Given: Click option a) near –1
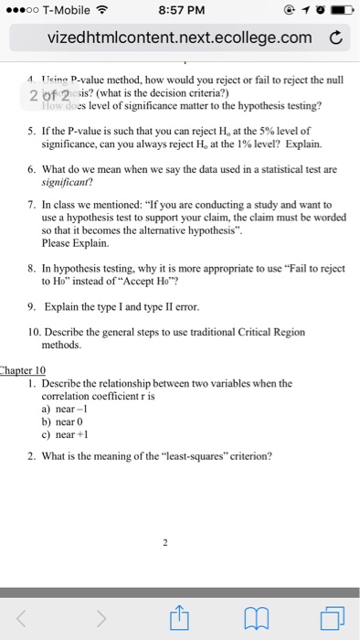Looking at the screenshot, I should pyautogui.click(x=64, y=408).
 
